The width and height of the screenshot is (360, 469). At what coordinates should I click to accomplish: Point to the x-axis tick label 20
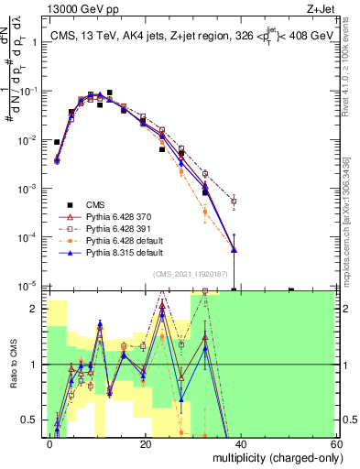(x=146, y=442)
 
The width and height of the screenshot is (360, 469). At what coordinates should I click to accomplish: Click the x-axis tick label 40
(x=240, y=442)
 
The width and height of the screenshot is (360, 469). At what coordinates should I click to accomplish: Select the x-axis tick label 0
(x=50, y=442)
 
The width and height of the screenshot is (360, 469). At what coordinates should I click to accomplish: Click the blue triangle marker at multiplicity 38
(x=235, y=249)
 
